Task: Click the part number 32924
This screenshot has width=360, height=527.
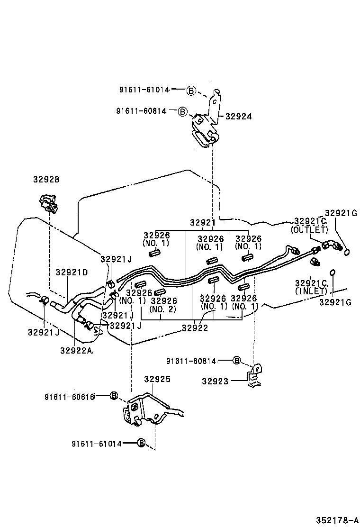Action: tap(238, 117)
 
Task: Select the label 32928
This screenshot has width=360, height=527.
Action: tap(46, 180)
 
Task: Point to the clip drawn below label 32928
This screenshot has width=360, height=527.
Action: tap(48, 203)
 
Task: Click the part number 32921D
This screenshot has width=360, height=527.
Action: tap(72, 273)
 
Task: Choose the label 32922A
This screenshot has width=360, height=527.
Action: tap(76, 350)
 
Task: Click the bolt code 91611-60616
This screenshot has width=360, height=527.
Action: tap(70, 396)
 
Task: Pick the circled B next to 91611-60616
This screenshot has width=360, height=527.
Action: tap(114, 396)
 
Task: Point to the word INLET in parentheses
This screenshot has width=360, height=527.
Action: tap(311, 291)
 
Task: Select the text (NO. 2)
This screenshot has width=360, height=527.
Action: tap(163, 309)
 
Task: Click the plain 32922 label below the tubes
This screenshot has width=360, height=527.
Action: tap(194, 328)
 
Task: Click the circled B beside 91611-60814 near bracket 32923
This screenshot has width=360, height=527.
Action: tap(237, 361)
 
